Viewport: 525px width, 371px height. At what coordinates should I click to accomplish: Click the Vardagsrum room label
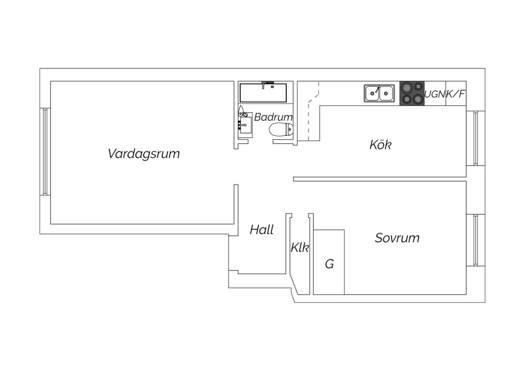143,154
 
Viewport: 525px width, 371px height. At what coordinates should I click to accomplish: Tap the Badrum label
273,117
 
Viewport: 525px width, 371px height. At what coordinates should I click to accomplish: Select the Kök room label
380,145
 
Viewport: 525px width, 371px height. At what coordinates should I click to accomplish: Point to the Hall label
261,230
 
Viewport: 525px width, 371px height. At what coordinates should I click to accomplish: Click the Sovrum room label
397,238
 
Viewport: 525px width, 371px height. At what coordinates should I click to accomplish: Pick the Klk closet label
300,247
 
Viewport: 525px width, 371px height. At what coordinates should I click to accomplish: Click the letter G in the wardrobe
329,264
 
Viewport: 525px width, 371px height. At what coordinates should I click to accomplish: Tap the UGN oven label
435,94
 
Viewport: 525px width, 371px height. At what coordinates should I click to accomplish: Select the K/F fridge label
455,94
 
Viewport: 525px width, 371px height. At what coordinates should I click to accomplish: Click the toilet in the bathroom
281,129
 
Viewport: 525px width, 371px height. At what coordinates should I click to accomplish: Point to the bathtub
263,93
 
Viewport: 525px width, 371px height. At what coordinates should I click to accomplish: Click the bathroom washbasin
245,125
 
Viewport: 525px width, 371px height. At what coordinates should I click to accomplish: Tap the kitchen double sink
379,93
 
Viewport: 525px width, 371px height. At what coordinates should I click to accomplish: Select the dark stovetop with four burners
412,93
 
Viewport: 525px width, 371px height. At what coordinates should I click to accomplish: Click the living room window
45,152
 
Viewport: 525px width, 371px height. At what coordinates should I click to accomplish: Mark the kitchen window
476,138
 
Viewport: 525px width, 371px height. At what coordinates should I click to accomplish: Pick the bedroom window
476,240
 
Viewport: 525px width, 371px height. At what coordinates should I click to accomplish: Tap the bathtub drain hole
272,87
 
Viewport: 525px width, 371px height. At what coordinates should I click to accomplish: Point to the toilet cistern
290,129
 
